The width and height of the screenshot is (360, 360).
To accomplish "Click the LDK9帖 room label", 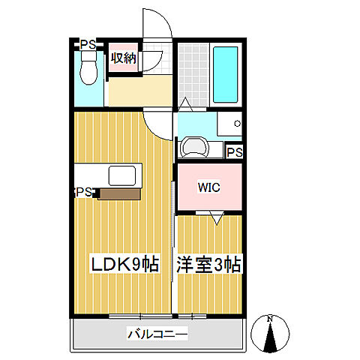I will (x=124, y=265).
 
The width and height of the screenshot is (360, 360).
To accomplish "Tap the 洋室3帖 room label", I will (x=208, y=265).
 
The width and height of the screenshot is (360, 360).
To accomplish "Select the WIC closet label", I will (x=208, y=187).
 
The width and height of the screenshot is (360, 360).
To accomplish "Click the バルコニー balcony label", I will (x=157, y=334).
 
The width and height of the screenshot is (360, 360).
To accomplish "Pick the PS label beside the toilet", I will (x=88, y=44).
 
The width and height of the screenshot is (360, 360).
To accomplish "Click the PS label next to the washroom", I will (x=234, y=152).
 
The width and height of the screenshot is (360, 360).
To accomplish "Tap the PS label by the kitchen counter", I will (x=83, y=193).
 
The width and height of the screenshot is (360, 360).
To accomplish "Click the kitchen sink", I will (x=123, y=176).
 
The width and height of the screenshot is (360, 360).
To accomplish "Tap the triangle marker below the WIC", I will (x=217, y=218).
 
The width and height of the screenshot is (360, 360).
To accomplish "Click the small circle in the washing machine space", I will (x=237, y=123).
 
